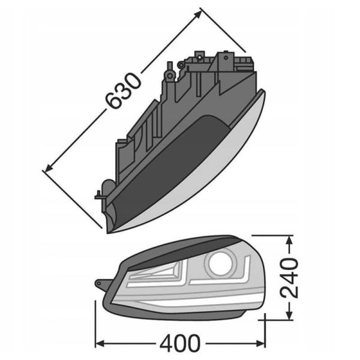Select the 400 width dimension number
click(180, 344)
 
